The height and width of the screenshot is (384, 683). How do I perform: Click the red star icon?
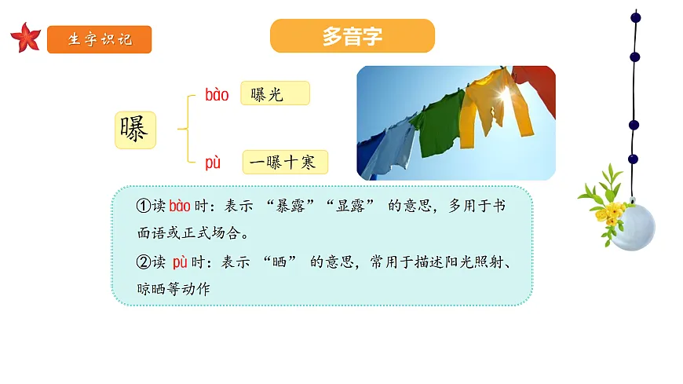coord(26,38)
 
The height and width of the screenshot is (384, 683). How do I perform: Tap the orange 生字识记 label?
coord(99,39)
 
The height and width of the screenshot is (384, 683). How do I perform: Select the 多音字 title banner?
coord(352,36)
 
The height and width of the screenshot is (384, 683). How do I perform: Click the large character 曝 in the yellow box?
coord(135,130)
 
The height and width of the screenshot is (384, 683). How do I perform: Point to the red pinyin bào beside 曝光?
coord(217,95)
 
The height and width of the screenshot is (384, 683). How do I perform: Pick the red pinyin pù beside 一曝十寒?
coord(213,163)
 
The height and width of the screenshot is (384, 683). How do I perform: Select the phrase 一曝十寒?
coord(284,163)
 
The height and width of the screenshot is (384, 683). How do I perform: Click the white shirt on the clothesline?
coord(390,145)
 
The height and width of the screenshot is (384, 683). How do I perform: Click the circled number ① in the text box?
coord(143,207)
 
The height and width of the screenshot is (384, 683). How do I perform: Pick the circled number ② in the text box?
coord(143,261)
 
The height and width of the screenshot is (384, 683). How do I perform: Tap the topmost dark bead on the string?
coord(635,16)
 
